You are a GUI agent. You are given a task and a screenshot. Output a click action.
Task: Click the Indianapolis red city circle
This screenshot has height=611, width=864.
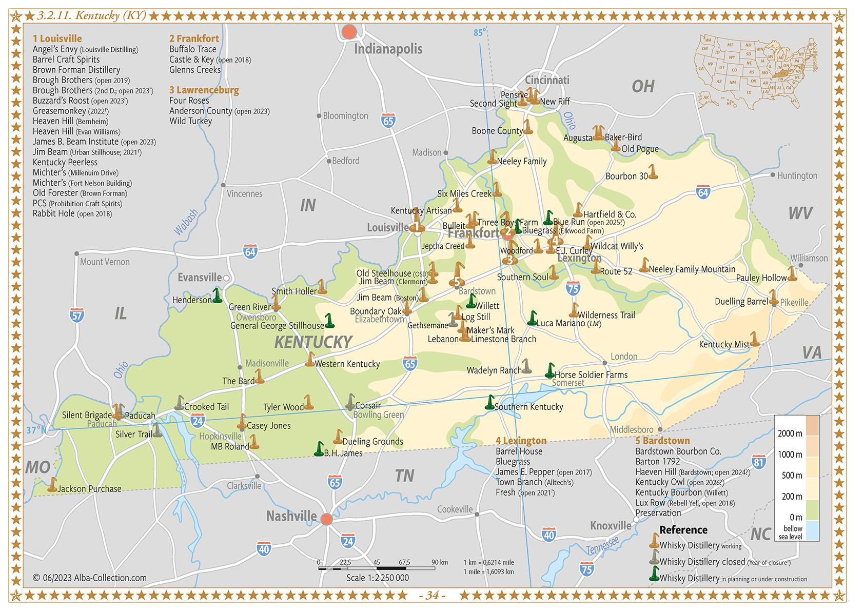pyautogui.click(x=349, y=31)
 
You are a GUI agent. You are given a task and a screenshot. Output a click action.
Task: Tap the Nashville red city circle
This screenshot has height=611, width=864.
pyautogui.click(x=326, y=519)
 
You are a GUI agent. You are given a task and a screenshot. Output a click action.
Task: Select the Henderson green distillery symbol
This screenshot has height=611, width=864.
pyautogui.click(x=217, y=295)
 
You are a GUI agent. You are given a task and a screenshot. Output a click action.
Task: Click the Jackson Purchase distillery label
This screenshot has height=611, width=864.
pyautogui.click(x=89, y=488)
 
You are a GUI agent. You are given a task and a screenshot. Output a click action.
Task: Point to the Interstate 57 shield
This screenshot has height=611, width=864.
pyautogui.click(x=76, y=315)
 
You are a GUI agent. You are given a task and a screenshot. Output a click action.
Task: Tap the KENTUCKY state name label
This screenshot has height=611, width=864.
pyautogui.click(x=313, y=342)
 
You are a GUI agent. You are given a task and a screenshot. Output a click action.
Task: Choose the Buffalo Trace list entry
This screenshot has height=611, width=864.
pyautogui.click(x=193, y=49)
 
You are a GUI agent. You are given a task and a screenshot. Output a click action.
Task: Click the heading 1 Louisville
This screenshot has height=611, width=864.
pyautogui.click(x=57, y=38)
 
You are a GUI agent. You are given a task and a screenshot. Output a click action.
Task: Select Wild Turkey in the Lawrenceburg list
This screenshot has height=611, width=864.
pyautogui.click(x=190, y=121)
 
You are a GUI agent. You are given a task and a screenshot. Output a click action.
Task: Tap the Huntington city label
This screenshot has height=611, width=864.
pyautogui.click(x=797, y=175)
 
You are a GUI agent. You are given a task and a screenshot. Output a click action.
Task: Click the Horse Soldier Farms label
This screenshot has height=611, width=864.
pyautogui.click(x=591, y=375)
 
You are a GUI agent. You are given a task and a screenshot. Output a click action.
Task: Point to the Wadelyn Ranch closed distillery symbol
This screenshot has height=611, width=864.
pyautogui.click(x=526, y=366)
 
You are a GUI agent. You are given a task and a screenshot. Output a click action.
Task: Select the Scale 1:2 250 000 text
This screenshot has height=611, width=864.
pyautogui.click(x=377, y=578)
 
